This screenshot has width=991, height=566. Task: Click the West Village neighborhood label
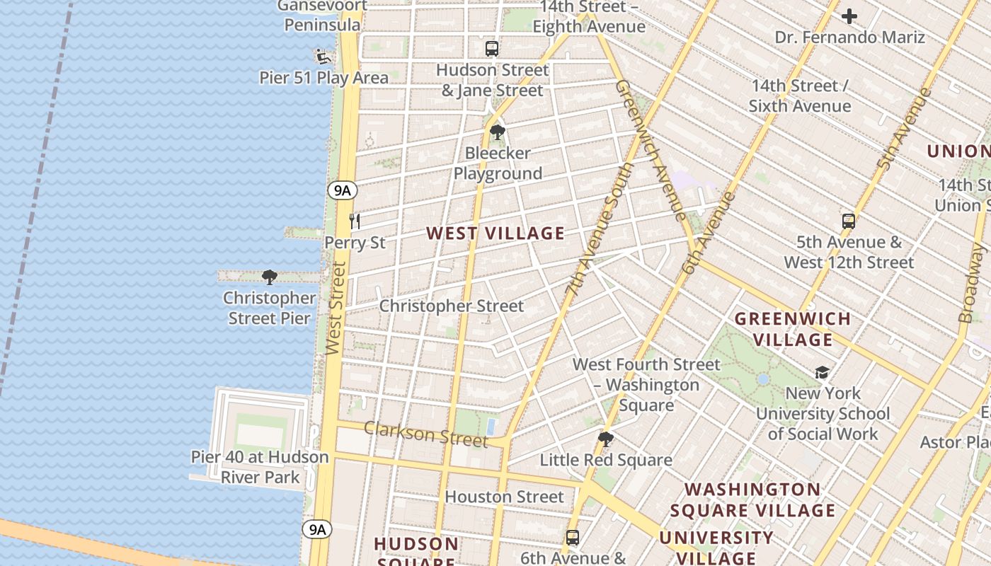pos(495,233)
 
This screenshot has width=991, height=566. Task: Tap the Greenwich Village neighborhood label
pos(793,329)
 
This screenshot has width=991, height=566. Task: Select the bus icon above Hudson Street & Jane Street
pos(492,49)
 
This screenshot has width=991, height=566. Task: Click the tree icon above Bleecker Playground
pos(498,132)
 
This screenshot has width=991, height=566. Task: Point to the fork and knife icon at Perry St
pos(355,221)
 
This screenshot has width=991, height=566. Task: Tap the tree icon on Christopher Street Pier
pos(269,277)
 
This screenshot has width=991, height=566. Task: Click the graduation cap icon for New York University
pos(822,373)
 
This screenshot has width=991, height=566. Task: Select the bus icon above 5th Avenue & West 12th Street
pos(849,221)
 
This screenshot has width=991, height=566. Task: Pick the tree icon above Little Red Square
pos(605,439)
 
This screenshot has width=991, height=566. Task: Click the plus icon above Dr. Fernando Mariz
pos(849,16)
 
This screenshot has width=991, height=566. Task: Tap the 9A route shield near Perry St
pos(342,190)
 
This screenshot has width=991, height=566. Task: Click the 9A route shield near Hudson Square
pos(317,529)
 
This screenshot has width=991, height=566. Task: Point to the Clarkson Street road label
pos(426,434)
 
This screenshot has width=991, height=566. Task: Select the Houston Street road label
pos(504,497)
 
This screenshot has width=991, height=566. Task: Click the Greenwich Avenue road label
pos(650,149)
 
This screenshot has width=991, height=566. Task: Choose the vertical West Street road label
pos(337,308)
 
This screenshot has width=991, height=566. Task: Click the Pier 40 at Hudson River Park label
pos(260,467)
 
